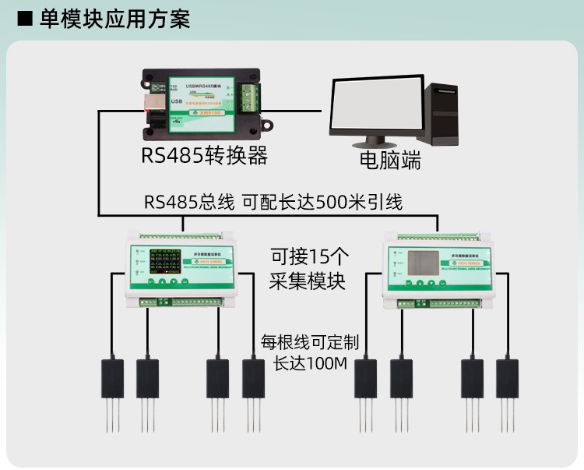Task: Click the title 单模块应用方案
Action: tap(114, 19)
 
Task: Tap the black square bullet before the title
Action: tap(25, 19)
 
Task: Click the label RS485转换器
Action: tap(204, 156)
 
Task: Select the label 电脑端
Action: tap(389, 161)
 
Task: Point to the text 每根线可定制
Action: tap(310, 341)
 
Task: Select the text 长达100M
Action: tap(310, 363)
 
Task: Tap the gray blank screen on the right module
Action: tap(427, 264)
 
